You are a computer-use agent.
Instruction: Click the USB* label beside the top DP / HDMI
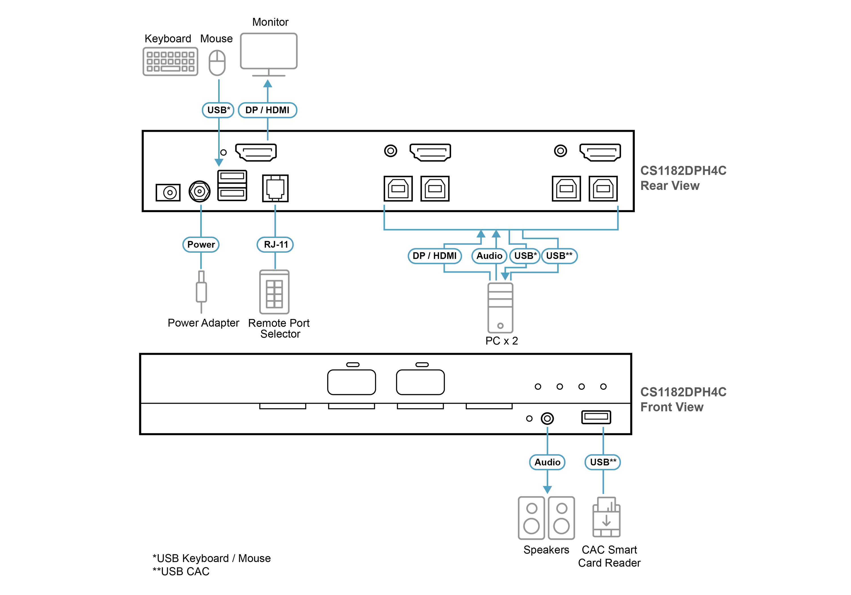[218, 110]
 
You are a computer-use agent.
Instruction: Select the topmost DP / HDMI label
[267, 110]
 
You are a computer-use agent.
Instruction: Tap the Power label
[201, 244]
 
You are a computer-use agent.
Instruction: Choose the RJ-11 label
[275, 244]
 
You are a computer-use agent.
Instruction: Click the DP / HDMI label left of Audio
[434, 256]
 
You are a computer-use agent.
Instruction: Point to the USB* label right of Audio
[525, 256]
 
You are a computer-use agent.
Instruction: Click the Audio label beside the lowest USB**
[547, 462]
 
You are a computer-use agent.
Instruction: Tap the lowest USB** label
[603, 462]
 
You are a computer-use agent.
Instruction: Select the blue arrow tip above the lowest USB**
[603, 429]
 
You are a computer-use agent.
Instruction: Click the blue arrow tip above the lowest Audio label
[547, 429]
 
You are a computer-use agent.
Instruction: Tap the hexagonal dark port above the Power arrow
[199, 191]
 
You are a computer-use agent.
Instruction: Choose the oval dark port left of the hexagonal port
[169, 192]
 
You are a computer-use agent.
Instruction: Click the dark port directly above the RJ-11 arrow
[275, 188]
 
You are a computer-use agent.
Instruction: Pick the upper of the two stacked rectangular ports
[232, 176]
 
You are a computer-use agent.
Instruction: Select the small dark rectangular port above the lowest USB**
[596, 416]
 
